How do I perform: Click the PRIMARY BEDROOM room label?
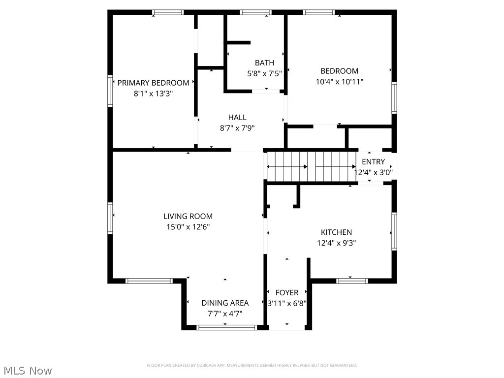pyautogui.click(x=153, y=83)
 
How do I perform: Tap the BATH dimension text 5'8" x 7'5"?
pyautogui.click(x=264, y=73)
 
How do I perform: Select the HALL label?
pyautogui.click(x=237, y=117)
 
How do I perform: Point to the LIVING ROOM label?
pyautogui.click(x=188, y=216)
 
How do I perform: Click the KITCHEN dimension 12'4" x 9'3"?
pyautogui.click(x=337, y=243)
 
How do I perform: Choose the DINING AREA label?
pyautogui.click(x=225, y=303)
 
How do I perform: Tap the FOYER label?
pyautogui.click(x=287, y=292)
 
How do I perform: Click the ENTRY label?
pyautogui.click(x=373, y=162)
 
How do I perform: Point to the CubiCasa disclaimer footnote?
pyautogui.click(x=252, y=365)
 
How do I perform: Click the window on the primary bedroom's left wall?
pyautogui.click(x=110, y=91)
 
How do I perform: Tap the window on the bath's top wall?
pyautogui.click(x=255, y=12)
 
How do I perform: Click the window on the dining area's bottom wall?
pyautogui.click(x=226, y=327)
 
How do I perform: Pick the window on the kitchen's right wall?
pyautogui.click(x=394, y=231)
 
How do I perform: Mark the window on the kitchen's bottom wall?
pyautogui.click(x=352, y=281)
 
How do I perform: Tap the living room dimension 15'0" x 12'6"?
pyautogui.click(x=188, y=227)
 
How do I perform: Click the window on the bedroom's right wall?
pyautogui.click(x=394, y=98)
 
